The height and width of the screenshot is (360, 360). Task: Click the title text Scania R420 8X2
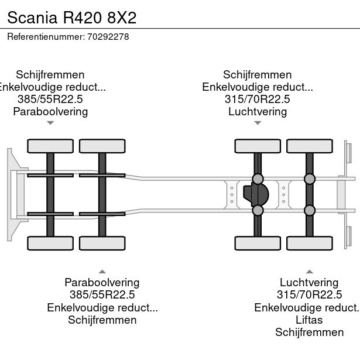pos(71,17)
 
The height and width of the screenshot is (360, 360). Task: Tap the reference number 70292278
pos(108,36)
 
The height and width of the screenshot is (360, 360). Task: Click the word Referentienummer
pos(46,36)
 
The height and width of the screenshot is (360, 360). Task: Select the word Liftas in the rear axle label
pos(309,320)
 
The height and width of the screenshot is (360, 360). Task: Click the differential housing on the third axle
pos(256,194)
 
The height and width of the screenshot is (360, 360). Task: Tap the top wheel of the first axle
pos(50,146)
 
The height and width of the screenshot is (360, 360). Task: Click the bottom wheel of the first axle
pos(50,242)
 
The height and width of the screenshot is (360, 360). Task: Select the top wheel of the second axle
pos(102,146)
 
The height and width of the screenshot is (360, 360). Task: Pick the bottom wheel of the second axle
pos(102,242)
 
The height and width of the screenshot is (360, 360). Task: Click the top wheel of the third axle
pos(258,146)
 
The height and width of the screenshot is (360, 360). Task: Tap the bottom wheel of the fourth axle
pos(310,242)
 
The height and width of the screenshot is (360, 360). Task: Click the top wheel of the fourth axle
pos(310,146)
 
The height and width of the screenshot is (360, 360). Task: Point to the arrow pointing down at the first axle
pos(50,123)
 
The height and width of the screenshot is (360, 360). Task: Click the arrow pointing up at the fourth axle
pos(310,272)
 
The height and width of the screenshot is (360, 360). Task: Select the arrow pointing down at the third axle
pos(258,123)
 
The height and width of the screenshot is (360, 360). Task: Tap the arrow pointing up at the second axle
pos(102,272)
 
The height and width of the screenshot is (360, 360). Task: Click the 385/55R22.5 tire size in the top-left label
pos(50,99)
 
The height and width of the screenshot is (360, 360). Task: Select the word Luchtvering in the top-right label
pos(258,111)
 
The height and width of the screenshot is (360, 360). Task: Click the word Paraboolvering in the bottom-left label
pos(102,283)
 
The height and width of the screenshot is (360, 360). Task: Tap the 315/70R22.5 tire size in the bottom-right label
pos(309,295)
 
